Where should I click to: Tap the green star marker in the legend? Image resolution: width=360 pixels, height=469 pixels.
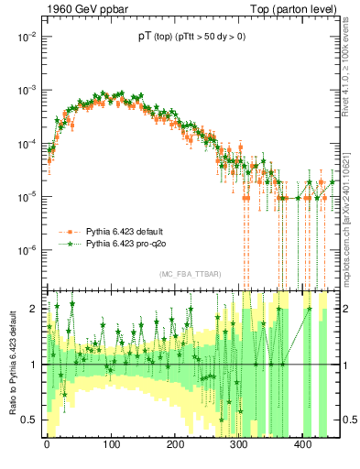68,244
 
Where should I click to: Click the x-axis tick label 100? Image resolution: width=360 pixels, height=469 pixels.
110,448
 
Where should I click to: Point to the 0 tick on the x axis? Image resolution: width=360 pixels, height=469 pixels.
47,448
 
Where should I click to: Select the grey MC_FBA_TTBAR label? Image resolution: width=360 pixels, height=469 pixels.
188,275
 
